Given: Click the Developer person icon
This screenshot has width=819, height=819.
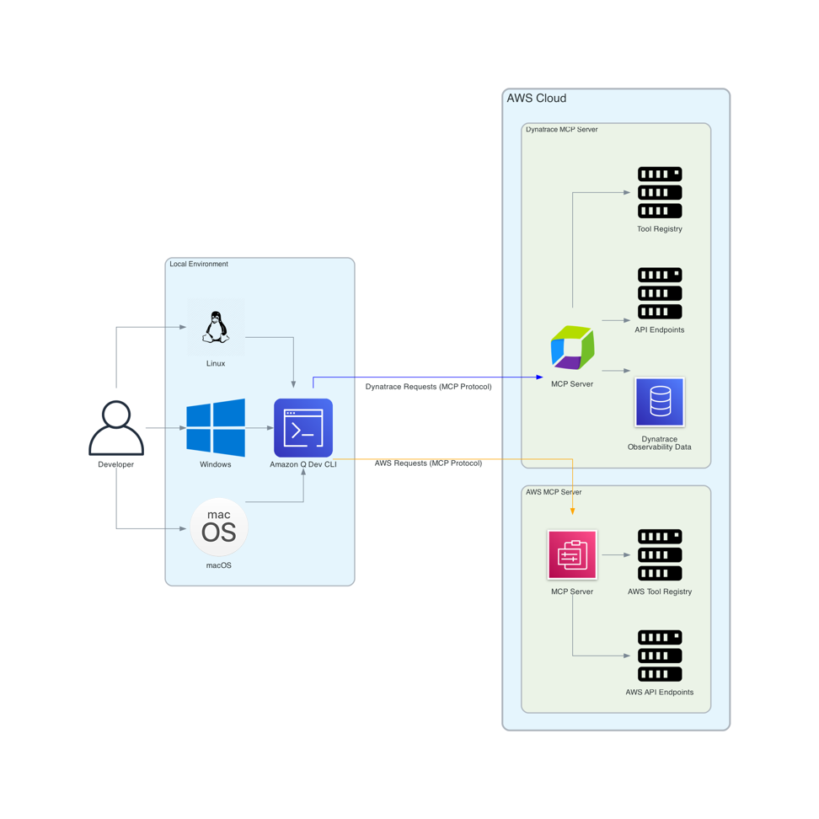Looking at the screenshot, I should (116, 427).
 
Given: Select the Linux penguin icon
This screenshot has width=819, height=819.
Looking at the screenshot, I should (216, 327).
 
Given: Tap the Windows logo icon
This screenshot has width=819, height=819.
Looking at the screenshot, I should (216, 427).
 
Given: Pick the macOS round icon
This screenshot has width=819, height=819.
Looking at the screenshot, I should (219, 527).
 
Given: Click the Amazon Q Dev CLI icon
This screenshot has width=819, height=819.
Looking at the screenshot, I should (303, 427).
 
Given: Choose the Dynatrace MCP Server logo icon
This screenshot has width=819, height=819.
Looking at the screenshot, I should (572, 347).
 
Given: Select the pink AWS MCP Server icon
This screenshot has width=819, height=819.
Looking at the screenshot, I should (572, 554).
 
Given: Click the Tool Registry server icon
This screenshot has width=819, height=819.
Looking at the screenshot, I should (660, 192).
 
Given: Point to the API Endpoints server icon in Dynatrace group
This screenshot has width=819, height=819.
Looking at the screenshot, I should (660, 293).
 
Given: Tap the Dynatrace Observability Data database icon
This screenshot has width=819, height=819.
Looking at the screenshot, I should (660, 402).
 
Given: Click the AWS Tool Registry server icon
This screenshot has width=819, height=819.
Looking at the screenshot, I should (660, 554).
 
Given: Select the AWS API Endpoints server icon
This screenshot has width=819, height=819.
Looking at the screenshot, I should (660, 656).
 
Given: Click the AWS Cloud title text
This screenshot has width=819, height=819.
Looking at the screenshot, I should (537, 99).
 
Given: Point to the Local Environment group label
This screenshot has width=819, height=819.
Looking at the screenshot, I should (199, 265).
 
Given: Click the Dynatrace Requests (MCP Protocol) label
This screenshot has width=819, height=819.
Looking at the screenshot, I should (428, 387).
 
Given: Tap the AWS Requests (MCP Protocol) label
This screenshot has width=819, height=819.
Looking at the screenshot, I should (428, 463).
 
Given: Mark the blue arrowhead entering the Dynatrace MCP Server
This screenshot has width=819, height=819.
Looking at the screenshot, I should (540, 377).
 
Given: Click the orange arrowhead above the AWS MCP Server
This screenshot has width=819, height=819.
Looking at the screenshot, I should (573, 511).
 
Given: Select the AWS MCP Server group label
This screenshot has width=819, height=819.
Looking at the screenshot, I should (554, 492).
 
